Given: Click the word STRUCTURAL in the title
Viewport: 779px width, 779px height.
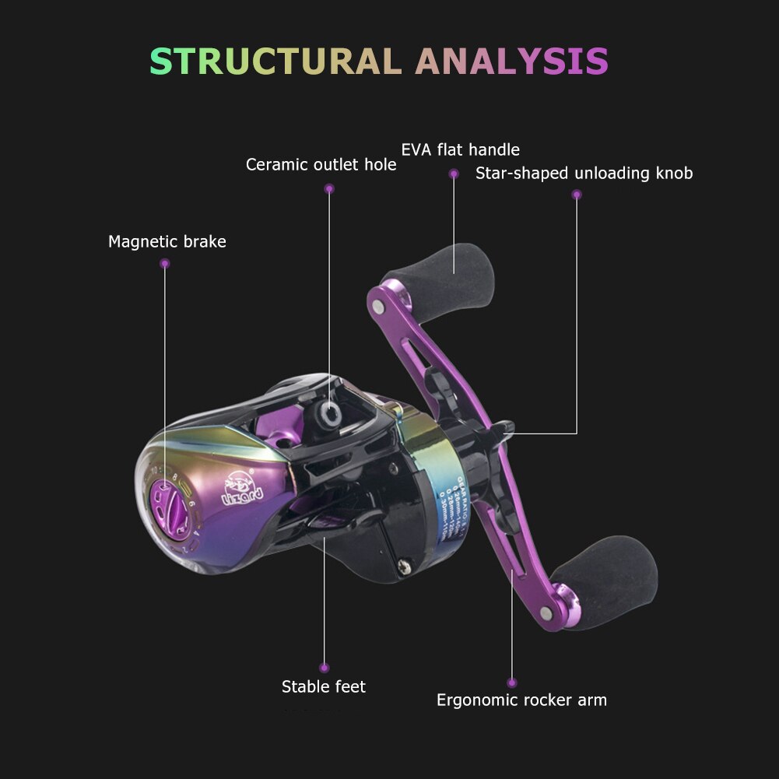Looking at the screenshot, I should coord(276,61).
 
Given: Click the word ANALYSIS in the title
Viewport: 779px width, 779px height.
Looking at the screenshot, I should coord(512,61).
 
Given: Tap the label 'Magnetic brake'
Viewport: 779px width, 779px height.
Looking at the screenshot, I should coord(167,242).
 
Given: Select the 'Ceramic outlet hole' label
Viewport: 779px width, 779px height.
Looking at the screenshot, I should coord(321,165).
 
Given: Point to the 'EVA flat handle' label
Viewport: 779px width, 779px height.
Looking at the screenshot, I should coord(460,149).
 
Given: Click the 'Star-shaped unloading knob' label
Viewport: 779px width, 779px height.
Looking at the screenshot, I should coord(584,173).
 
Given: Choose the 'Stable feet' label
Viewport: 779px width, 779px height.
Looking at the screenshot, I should coord(323,686).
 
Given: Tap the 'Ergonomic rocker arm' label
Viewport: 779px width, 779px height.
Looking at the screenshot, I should coord(521,700).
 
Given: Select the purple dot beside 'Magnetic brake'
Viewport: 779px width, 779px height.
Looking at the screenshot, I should coord(164,264).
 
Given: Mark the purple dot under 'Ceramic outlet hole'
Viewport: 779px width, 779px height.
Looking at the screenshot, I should coord(329,188).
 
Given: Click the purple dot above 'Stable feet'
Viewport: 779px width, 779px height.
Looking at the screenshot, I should coord(324,667).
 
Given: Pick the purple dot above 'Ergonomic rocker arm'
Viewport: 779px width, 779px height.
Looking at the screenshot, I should coord(511,683).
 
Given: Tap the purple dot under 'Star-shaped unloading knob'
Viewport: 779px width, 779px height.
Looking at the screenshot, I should coord(577,195).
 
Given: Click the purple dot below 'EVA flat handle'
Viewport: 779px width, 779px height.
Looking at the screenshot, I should coord(454,174).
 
